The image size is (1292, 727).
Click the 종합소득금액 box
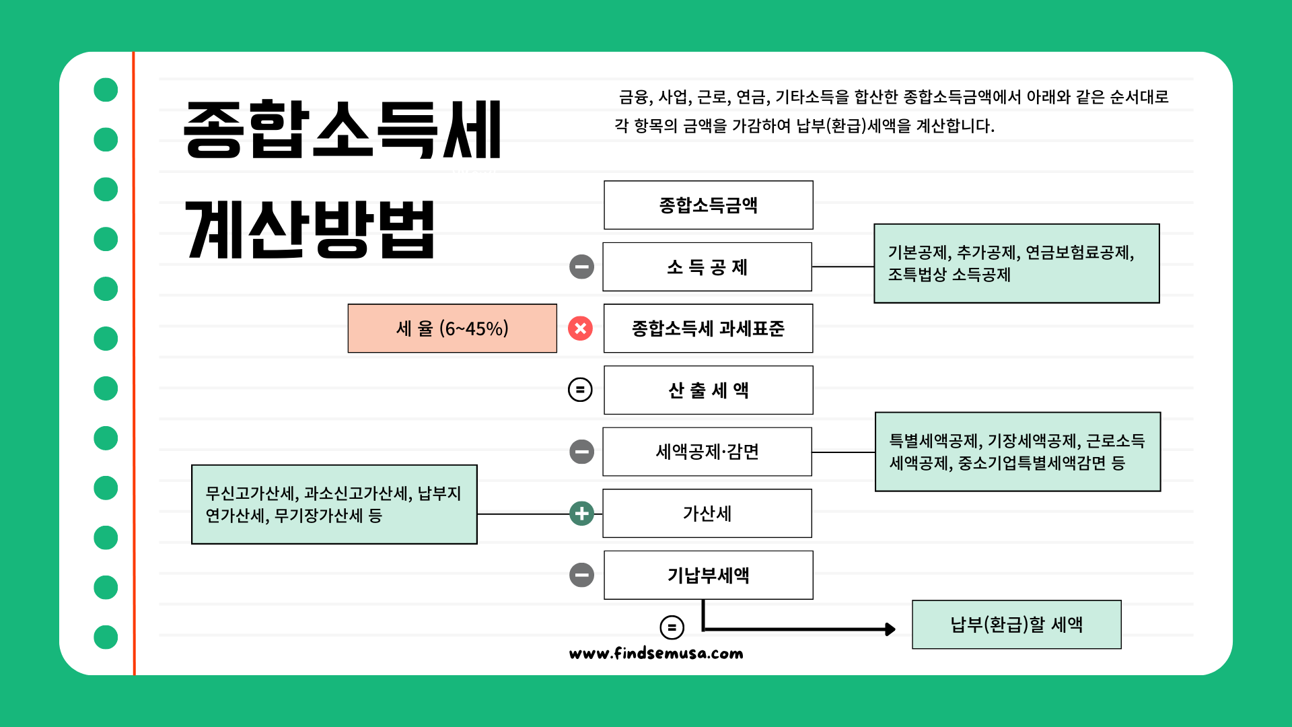[x=708, y=205]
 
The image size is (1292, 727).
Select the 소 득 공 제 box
[x=707, y=267]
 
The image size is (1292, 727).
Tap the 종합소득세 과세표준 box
[x=708, y=328]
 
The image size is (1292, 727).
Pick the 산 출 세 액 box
[x=708, y=390]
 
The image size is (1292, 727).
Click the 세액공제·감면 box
[x=707, y=452]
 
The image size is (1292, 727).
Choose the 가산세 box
[x=707, y=514]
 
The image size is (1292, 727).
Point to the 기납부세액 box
[x=708, y=575]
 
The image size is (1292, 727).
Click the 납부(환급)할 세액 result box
[x=1016, y=625]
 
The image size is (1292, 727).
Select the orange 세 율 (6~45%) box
[x=452, y=328]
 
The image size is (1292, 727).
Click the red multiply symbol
[x=580, y=328]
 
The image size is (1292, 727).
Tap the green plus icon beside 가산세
[x=581, y=514]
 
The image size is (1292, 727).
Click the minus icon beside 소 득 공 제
[x=581, y=267]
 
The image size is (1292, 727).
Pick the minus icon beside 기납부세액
[x=581, y=575]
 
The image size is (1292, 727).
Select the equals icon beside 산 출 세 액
[x=580, y=390]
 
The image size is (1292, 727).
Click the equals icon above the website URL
[x=672, y=627]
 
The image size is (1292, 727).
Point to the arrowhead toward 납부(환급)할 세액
[x=890, y=629]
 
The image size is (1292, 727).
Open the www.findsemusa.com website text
[x=656, y=653]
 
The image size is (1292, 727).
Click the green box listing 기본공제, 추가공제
[x=1016, y=263]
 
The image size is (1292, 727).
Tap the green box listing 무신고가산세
[x=334, y=504]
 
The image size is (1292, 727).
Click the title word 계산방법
[x=310, y=230]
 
